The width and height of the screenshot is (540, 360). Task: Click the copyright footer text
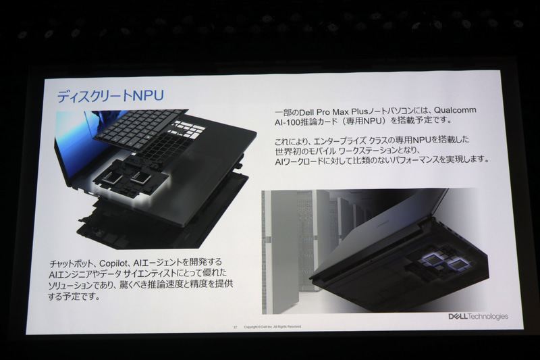click(273, 326)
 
